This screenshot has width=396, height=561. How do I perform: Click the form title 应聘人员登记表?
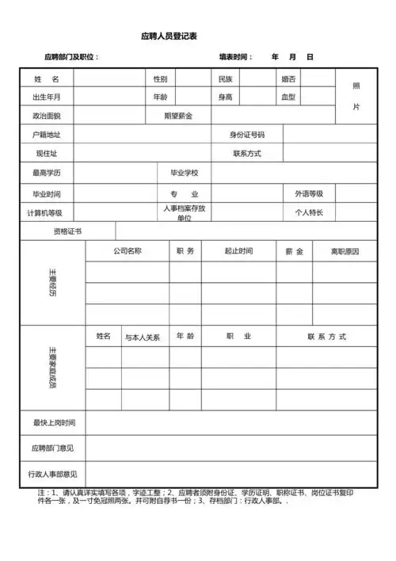tap(169, 36)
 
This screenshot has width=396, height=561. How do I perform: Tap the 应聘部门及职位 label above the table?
tap(72, 57)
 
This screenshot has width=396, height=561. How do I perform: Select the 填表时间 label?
tap(236, 57)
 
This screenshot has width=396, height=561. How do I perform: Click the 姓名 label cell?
tap(47, 79)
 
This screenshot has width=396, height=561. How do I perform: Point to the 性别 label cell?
tap(160, 79)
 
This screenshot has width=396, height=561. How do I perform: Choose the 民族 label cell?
tap(225, 79)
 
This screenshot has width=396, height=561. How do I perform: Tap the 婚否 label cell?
tap(288, 79)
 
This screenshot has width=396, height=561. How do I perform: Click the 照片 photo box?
tap(356, 96)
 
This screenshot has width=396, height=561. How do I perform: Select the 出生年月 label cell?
tap(47, 97)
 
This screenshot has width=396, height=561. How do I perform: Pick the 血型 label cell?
tap(288, 97)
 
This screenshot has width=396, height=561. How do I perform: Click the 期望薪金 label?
tap(177, 116)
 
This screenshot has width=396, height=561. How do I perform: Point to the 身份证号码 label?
tap(247, 135)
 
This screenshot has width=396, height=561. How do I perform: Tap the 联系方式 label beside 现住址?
tap(247, 153)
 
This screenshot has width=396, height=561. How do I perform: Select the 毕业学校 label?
tap(185, 173)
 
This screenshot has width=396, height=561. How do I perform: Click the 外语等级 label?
tap(309, 193)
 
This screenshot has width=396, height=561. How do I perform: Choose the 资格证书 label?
tap(67, 231)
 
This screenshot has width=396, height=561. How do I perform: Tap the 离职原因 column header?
tap(345, 251)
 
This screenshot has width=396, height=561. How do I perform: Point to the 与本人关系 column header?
tap(143, 337)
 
